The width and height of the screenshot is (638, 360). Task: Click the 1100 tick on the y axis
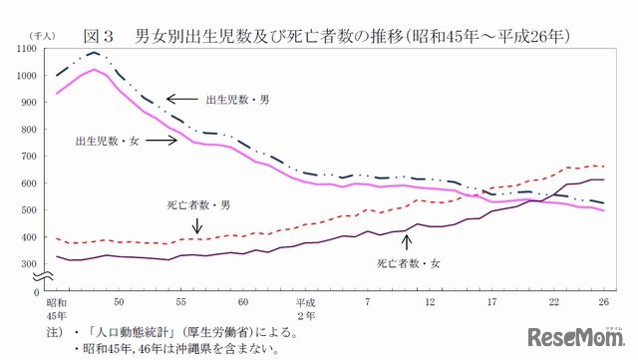click(x=29, y=49)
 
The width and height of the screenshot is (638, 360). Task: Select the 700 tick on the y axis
click(x=32, y=157)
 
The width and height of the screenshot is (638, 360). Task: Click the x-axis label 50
click(x=120, y=301)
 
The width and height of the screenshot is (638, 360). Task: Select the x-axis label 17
click(x=492, y=301)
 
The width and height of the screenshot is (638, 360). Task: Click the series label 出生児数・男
click(x=237, y=100)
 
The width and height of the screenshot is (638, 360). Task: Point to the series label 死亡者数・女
click(x=409, y=264)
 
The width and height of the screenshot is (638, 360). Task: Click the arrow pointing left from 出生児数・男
click(x=181, y=99)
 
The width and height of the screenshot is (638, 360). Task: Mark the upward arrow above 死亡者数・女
click(x=406, y=242)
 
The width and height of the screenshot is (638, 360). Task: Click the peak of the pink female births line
click(x=94, y=70)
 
